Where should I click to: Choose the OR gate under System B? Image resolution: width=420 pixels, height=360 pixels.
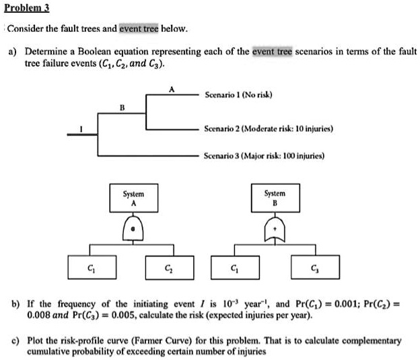[274, 229]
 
